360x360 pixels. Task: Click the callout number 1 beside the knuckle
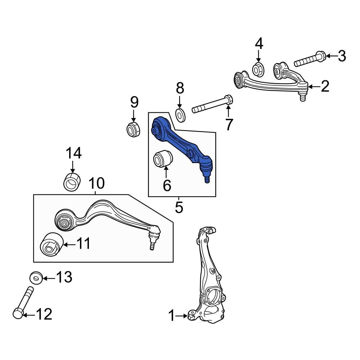point(172,316)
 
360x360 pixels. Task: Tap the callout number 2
point(325,86)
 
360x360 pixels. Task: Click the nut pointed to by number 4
point(258,68)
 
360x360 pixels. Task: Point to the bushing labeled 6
point(163,159)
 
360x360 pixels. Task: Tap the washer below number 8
point(180,114)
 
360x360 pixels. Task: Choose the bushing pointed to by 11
point(51,245)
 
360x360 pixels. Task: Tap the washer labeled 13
point(36,278)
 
